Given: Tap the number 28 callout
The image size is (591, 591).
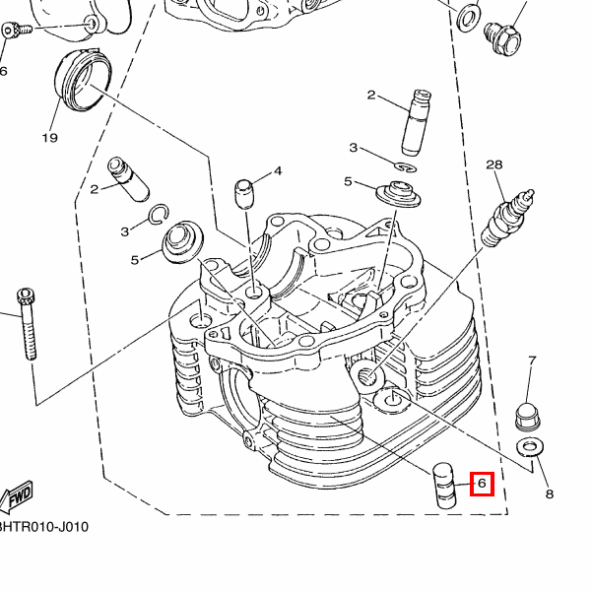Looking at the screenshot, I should click(493, 164).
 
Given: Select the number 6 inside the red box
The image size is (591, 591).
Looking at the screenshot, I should click(482, 484).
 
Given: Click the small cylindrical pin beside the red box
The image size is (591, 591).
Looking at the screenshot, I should click(446, 484).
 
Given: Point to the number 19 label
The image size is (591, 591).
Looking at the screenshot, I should click(50, 137).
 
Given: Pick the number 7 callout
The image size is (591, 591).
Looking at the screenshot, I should click(532, 361).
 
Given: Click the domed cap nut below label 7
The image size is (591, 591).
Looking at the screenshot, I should click(530, 414).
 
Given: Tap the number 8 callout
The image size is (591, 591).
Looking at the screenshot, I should click(549, 493).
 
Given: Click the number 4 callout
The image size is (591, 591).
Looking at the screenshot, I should click(278, 170).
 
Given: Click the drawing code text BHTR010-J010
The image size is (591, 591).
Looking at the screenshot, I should click(43, 527).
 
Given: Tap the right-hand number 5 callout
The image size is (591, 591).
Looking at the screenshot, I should click(348, 182).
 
